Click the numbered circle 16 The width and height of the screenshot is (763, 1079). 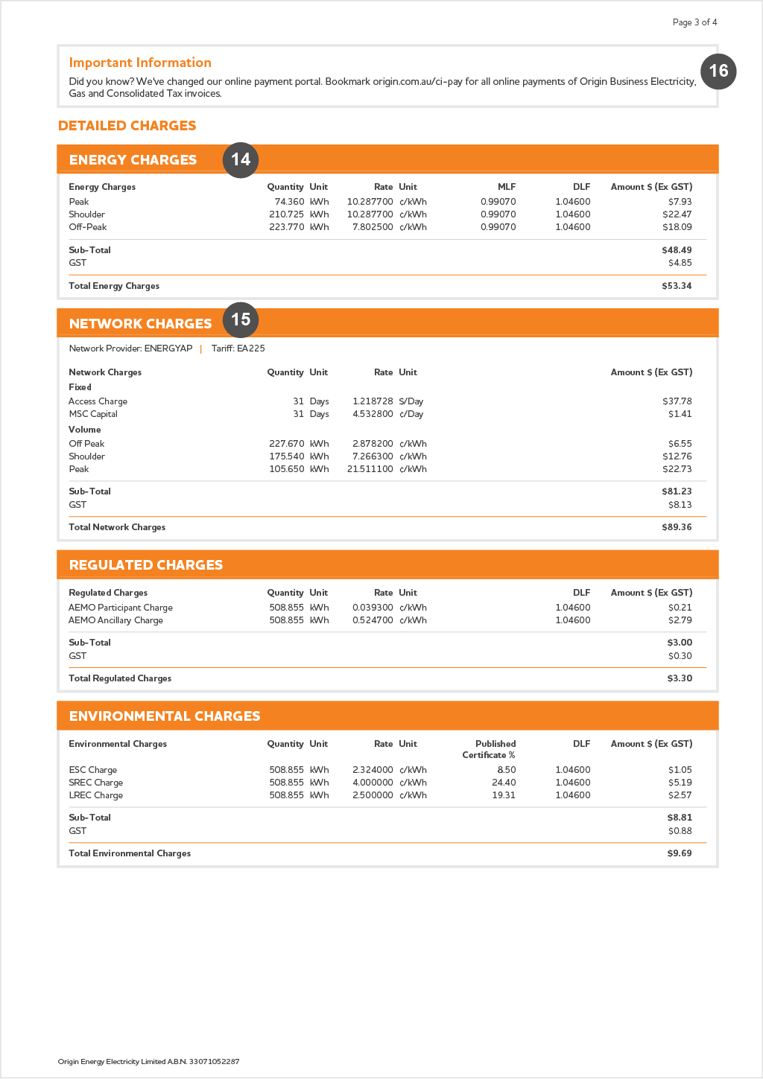click(718, 71)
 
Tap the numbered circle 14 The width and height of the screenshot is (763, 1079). click(241, 160)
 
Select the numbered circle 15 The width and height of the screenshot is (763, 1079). click(241, 320)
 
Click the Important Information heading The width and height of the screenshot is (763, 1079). click(140, 63)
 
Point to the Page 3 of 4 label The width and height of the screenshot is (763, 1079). click(694, 22)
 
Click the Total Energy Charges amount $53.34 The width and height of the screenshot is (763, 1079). click(677, 286)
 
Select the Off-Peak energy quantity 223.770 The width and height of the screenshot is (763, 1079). click(286, 227)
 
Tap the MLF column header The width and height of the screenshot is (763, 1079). click(507, 187)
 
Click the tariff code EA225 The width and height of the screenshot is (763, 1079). click(251, 348)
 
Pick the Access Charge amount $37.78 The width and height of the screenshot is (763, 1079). click(677, 401)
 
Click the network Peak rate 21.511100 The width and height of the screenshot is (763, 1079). click(370, 469)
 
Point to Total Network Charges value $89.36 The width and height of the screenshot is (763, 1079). click(677, 527)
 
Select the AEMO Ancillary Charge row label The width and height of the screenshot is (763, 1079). click(115, 620)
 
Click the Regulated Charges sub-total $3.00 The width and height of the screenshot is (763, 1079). click(680, 643)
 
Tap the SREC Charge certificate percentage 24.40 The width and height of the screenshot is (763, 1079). click(504, 783)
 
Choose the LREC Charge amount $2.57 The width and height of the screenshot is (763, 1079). click(680, 795)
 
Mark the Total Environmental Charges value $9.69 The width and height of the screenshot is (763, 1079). click(680, 853)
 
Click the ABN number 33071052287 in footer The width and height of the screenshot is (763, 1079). click(214, 1062)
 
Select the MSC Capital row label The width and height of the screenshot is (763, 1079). click(93, 414)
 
